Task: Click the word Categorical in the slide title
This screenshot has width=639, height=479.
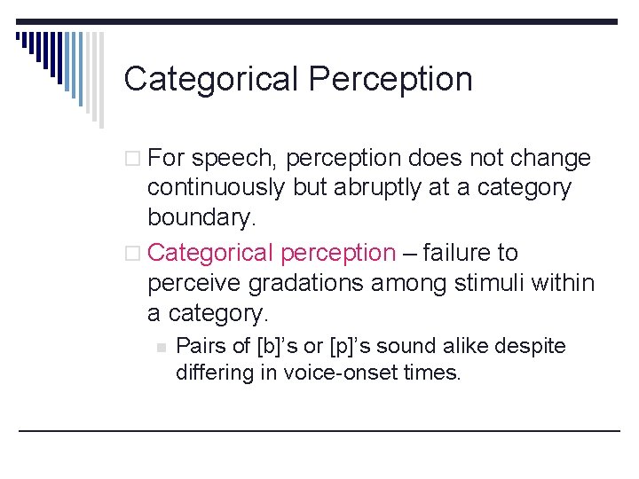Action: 211,80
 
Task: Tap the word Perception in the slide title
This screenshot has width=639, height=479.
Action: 390,80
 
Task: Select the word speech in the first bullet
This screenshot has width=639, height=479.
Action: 233,159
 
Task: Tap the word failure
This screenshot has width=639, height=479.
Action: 470,254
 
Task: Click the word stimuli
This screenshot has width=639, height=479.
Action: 486,284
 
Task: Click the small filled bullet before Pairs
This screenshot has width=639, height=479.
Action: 161,347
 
